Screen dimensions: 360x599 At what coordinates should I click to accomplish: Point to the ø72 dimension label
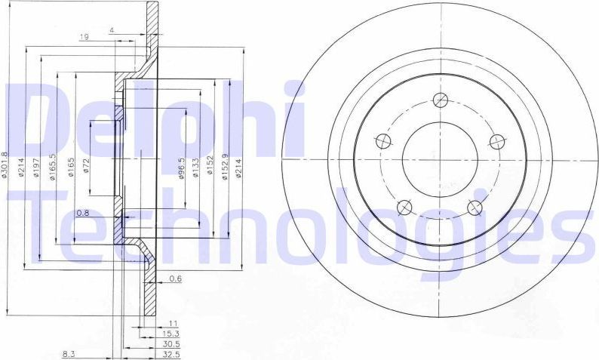pyautogui.click(x=87, y=165)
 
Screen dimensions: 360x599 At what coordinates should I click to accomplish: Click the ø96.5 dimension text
pyautogui.click(x=181, y=165)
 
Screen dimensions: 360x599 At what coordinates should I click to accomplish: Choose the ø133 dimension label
pyautogui.click(x=196, y=167)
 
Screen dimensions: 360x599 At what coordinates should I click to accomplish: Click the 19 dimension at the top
pyautogui.click(x=85, y=35)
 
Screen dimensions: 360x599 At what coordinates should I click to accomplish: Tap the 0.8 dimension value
pyautogui.click(x=83, y=214)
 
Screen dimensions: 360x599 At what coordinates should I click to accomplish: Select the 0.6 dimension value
pyautogui.click(x=175, y=278)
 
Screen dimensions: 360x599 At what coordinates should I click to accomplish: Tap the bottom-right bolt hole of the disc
pyautogui.click(x=475, y=208)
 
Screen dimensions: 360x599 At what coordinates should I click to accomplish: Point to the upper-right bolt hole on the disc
pyautogui.click(x=496, y=141)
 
